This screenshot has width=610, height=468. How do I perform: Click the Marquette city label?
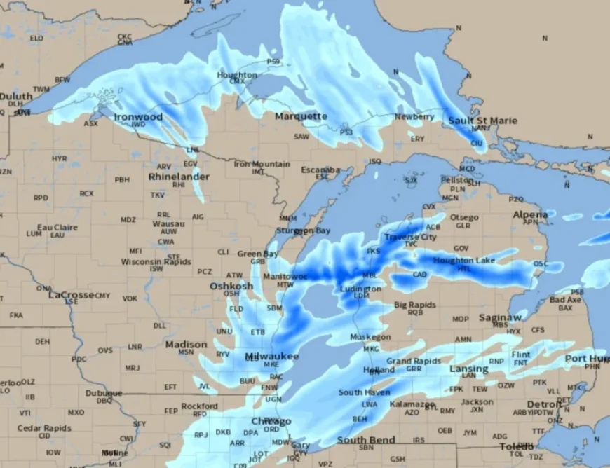[x=301, y=116]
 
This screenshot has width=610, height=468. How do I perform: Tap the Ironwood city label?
[x=138, y=117]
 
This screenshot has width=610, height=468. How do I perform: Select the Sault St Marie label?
[x=483, y=121]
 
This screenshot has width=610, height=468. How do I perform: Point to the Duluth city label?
[x=15, y=96]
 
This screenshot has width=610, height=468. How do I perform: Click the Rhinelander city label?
[x=179, y=177]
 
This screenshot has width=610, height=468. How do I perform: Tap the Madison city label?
[x=186, y=345]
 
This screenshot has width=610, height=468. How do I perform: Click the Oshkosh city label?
[x=231, y=286]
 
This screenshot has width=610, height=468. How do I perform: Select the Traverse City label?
[x=410, y=238]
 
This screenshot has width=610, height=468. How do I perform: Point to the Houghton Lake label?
[x=463, y=261]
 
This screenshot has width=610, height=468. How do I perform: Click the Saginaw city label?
[x=500, y=317]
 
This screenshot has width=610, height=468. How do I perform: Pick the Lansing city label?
[x=468, y=369]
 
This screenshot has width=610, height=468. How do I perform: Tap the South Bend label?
[x=365, y=440]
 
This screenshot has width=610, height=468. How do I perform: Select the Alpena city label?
[x=530, y=214]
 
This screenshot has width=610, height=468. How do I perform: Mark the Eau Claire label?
[x=57, y=227]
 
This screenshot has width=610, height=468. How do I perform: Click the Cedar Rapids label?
[x=44, y=428]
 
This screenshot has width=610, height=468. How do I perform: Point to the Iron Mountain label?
[x=262, y=164]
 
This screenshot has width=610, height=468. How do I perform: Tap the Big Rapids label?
[x=415, y=305]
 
